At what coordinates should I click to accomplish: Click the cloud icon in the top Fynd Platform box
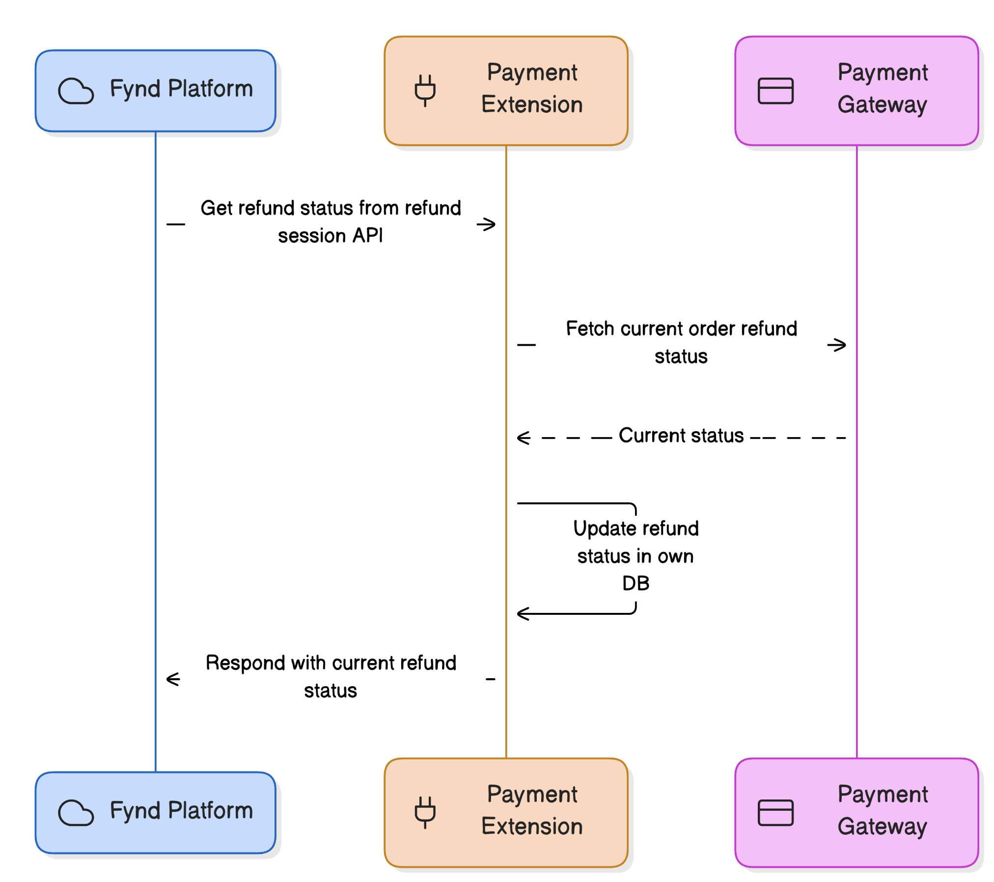[x=76, y=91]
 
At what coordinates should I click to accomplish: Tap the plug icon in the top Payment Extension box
[x=425, y=90]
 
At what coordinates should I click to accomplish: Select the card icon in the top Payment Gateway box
[x=775, y=91]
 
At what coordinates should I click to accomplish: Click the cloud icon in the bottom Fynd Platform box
[x=76, y=813]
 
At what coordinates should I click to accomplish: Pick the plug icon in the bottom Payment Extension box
[x=425, y=812]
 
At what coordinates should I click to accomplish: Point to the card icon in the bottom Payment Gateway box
[x=775, y=813]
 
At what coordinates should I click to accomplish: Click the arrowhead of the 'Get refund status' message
[x=487, y=224]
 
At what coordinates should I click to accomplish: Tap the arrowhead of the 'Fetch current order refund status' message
[x=837, y=345]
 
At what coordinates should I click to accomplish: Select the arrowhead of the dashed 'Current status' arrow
[x=524, y=438]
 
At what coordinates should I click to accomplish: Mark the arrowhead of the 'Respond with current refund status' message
[x=173, y=679]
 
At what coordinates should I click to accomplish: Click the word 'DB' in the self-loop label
[x=635, y=583]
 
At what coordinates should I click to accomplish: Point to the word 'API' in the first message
[x=367, y=236]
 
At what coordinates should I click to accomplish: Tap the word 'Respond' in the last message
[x=246, y=663]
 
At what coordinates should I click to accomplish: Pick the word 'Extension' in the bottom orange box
[x=532, y=827]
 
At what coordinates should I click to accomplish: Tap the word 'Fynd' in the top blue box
[x=136, y=89]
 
